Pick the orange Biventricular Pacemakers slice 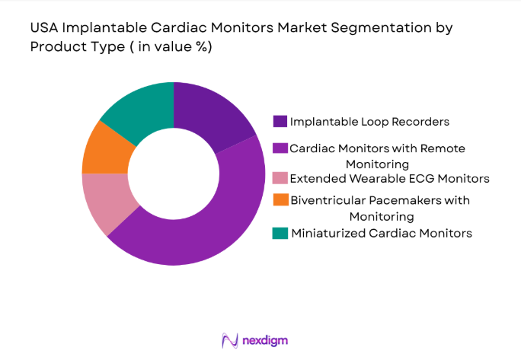tap(102, 149)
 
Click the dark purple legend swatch tap(280, 120)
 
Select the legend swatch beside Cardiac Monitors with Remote tap(280, 148)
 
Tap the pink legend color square tap(280, 179)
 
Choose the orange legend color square tap(280, 200)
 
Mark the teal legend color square tap(280, 233)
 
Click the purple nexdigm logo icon tap(228, 339)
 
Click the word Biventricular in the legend tap(325, 200)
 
